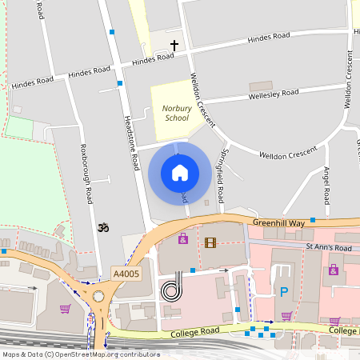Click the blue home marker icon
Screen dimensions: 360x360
tap(179, 172)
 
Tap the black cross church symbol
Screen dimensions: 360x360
tap(174, 46)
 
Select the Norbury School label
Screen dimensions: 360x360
tap(176, 112)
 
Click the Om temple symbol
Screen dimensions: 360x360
tap(102, 228)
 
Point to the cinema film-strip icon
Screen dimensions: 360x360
tap(210, 242)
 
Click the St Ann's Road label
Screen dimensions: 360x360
tap(328, 249)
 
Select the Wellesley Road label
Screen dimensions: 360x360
tap(274, 94)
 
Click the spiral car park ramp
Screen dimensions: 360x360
tap(171, 290)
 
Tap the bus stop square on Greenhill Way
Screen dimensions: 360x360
tap(313, 219)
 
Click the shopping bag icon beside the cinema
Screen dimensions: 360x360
tap(182, 239)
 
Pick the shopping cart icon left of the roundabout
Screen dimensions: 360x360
tap(66, 309)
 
